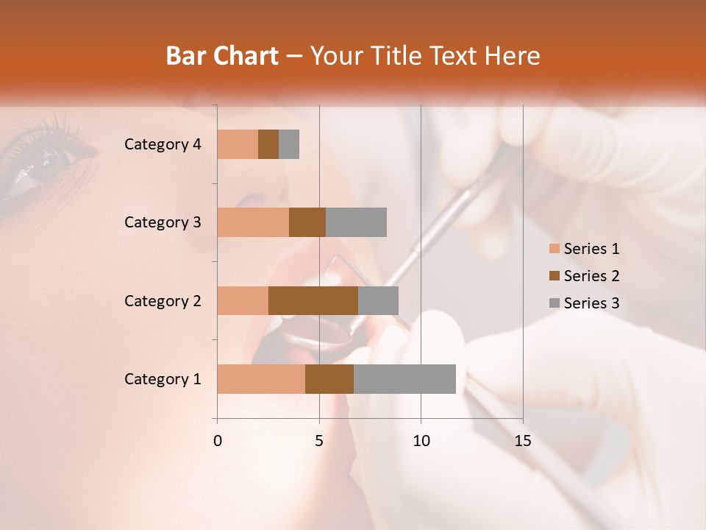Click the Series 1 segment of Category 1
point(261,379)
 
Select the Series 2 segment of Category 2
point(313,300)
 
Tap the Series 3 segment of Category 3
point(356,222)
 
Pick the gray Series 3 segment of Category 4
point(289,144)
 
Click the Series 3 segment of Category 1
point(404,379)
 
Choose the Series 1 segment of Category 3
point(253,222)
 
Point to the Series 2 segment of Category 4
point(268,144)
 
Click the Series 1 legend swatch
point(554,249)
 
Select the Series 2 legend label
point(591,276)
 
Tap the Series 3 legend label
point(591,303)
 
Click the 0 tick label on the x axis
point(217,441)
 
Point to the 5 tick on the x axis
point(319,441)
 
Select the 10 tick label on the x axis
point(421,441)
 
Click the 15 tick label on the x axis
point(522,441)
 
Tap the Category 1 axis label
point(163,379)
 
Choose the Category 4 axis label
point(163,144)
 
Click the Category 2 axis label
point(163,300)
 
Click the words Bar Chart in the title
point(222,55)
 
